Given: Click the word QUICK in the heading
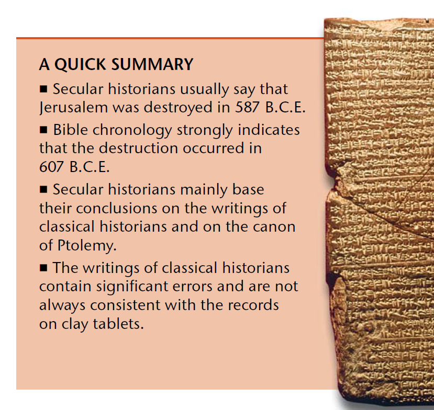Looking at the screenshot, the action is click(80, 65).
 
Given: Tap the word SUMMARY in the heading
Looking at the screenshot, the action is click(152, 64).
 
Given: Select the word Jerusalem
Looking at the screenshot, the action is click(73, 107).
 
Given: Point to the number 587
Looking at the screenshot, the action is click(248, 107).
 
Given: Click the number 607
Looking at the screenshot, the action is click(52, 167).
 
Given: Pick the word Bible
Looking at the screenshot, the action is click(71, 129).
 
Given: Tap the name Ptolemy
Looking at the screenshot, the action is click(87, 245).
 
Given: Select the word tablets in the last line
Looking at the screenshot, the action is click(118, 324).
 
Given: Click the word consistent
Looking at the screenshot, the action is click(126, 305).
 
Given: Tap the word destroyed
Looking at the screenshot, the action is click(178, 107).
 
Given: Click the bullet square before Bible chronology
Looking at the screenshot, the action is click(43, 130).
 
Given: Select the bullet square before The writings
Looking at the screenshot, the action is click(43, 268).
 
